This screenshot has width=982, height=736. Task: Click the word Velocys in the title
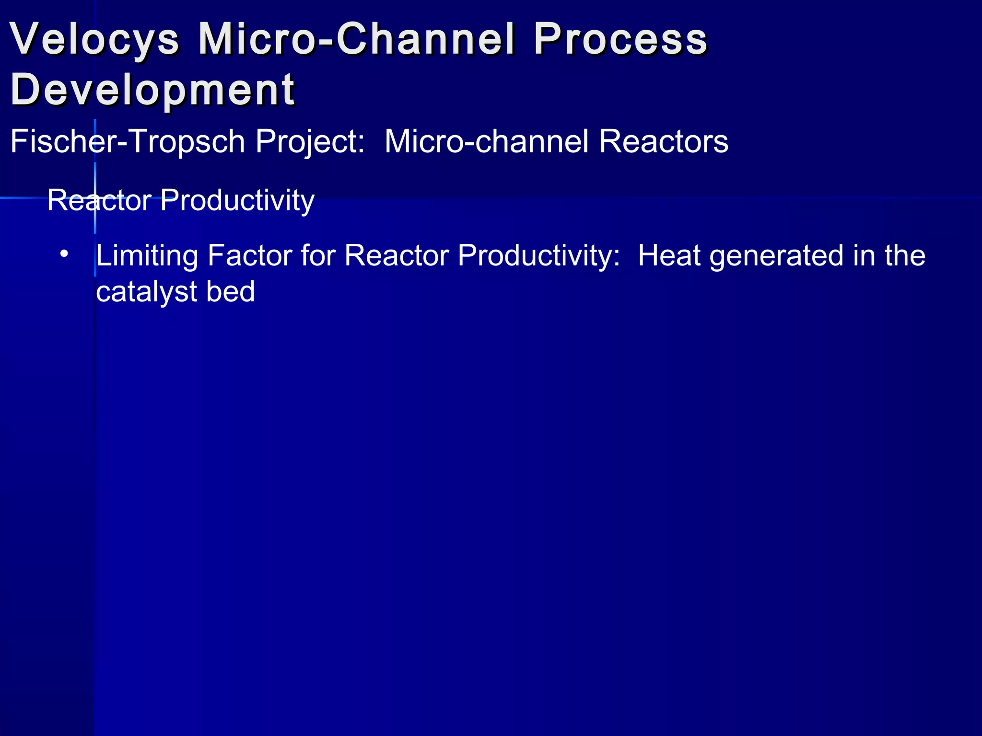click(94, 39)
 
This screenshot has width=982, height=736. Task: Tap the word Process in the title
click(620, 39)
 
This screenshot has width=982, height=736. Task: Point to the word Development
click(152, 90)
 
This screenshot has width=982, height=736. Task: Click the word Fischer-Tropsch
click(128, 142)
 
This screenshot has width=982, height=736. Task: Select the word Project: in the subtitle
click(310, 142)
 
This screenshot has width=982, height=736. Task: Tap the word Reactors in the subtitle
click(664, 142)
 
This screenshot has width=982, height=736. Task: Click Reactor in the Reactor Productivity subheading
click(99, 200)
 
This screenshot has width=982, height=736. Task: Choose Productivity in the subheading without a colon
click(237, 200)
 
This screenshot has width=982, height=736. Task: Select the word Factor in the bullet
click(250, 255)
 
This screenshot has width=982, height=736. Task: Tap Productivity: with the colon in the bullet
click(539, 255)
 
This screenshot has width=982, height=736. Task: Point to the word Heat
click(669, 255)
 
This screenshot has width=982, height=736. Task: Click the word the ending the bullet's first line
click(905, 255)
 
